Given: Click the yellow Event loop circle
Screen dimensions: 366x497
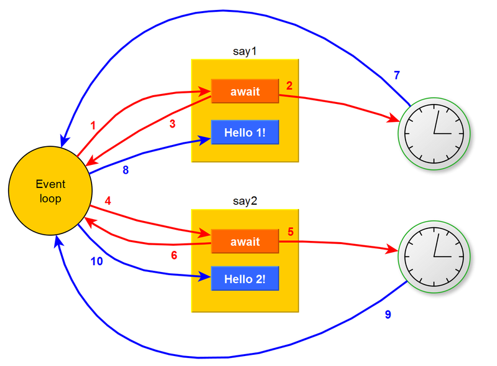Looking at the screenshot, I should pyautogui.click(x=50, y=192).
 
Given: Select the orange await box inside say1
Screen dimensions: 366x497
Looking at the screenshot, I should pyautogui.click(x=244, y=91).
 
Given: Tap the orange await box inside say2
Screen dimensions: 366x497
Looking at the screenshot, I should pyautogui.click(x=244, y=242).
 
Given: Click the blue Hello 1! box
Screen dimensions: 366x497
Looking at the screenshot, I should pyautogui.click(x=244, y=132).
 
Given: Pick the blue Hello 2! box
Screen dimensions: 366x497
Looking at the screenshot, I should pyautogui.click(x=244, y=279).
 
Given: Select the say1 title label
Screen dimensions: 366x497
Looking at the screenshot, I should pyautogui.click(x=244, y=52).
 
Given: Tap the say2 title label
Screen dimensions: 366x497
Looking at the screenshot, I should pyautogui.click(x=244, y=201).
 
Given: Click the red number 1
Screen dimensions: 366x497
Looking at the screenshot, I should pyautogui.click(x=93, y=126).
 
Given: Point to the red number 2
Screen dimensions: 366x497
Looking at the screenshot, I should pyautogui.click(x=289, y=85).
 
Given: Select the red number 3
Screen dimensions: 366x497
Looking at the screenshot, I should pyautogui.click(x=172, y=124).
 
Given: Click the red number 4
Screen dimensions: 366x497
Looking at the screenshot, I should pyautogui.click(x=108, y=201).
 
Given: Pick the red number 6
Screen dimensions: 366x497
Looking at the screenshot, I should pyautogui.click(x=174, y=255).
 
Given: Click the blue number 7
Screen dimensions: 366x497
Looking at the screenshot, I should pyautogui.click(x=397, y=76).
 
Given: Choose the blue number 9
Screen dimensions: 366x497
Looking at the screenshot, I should pyautogui.click(x=388, y=315).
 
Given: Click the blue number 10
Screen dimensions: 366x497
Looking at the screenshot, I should pyautogui.click(x=97, y=261).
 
